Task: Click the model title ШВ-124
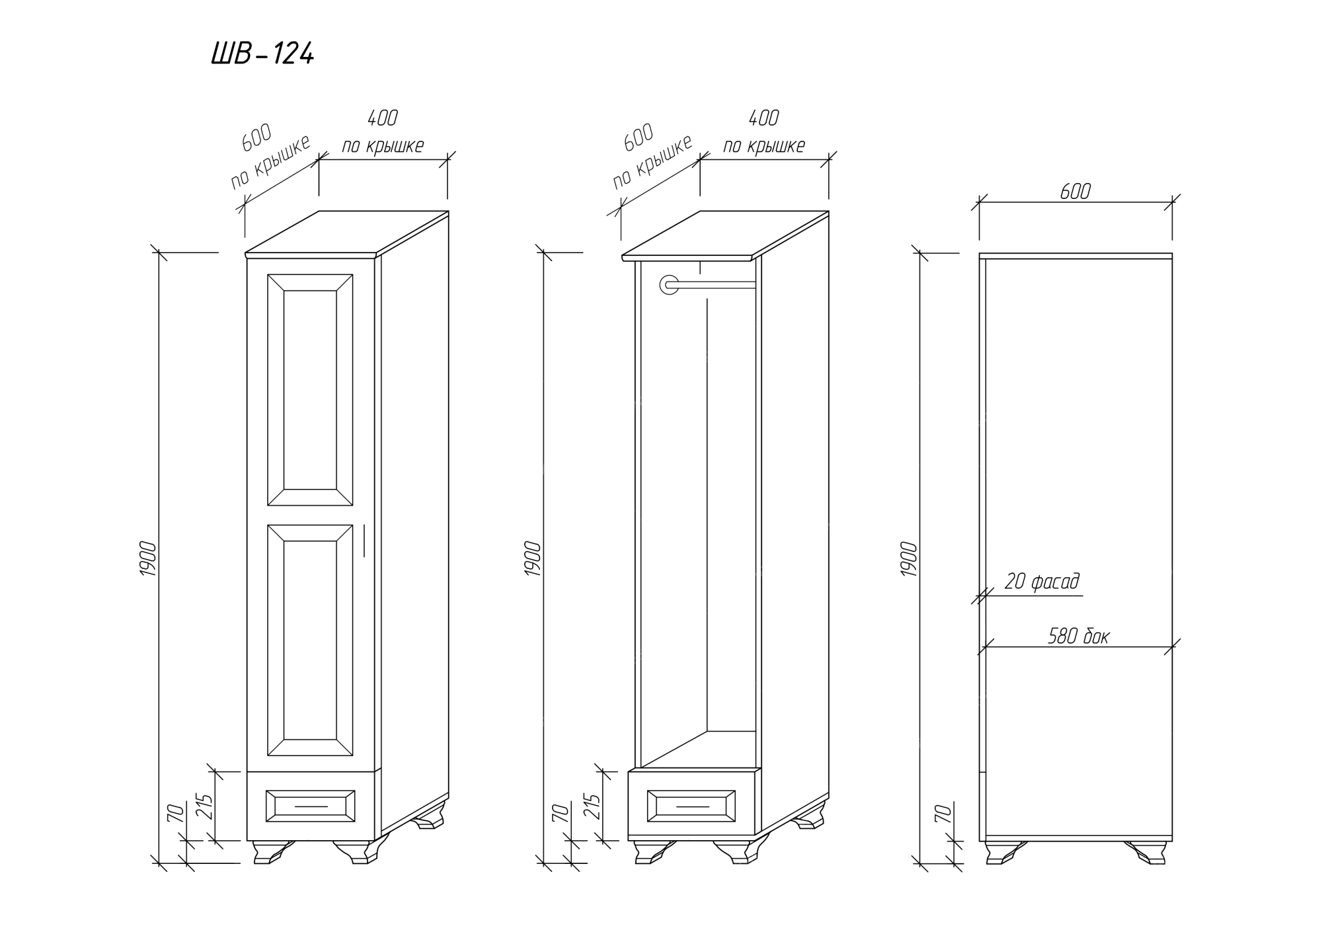coord(262,54)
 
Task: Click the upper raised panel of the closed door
coord(309,389)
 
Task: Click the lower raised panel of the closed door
coord(309,640)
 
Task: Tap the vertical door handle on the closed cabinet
coord(364,541)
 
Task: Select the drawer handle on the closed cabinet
coord(311,806)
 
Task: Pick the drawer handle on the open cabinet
coord(692,807)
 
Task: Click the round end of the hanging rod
coord(669,285)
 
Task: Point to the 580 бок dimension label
coord(1078,637)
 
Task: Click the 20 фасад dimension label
coord(1042,582)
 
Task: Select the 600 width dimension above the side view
coord(1075,192)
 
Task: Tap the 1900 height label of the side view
coord(910,559)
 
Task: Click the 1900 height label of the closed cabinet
coord(148,559)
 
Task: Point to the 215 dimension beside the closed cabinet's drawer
coord(207,806)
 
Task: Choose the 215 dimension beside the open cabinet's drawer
coord(592,806)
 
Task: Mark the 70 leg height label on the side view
coord(943,813)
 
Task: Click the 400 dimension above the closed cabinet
coord(382,118)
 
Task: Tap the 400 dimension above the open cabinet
coord(763,118)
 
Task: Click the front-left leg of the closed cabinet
coord(271,851)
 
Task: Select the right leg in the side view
coord(1147,852)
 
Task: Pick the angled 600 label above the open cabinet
coord(639,136)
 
